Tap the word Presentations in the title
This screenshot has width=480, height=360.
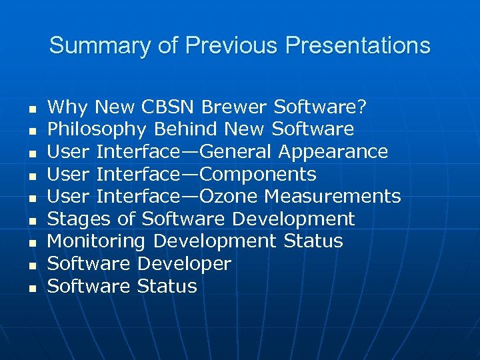click(x=357, y=46)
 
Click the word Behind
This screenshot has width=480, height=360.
click(x=187, y=129)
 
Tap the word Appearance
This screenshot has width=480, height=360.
click(x=333, y=151)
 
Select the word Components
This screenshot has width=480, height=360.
click(x=258, y=175)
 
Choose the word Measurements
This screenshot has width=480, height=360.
click(x=333, y=197)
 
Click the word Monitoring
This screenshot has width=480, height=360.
click(x=96, y=241)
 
